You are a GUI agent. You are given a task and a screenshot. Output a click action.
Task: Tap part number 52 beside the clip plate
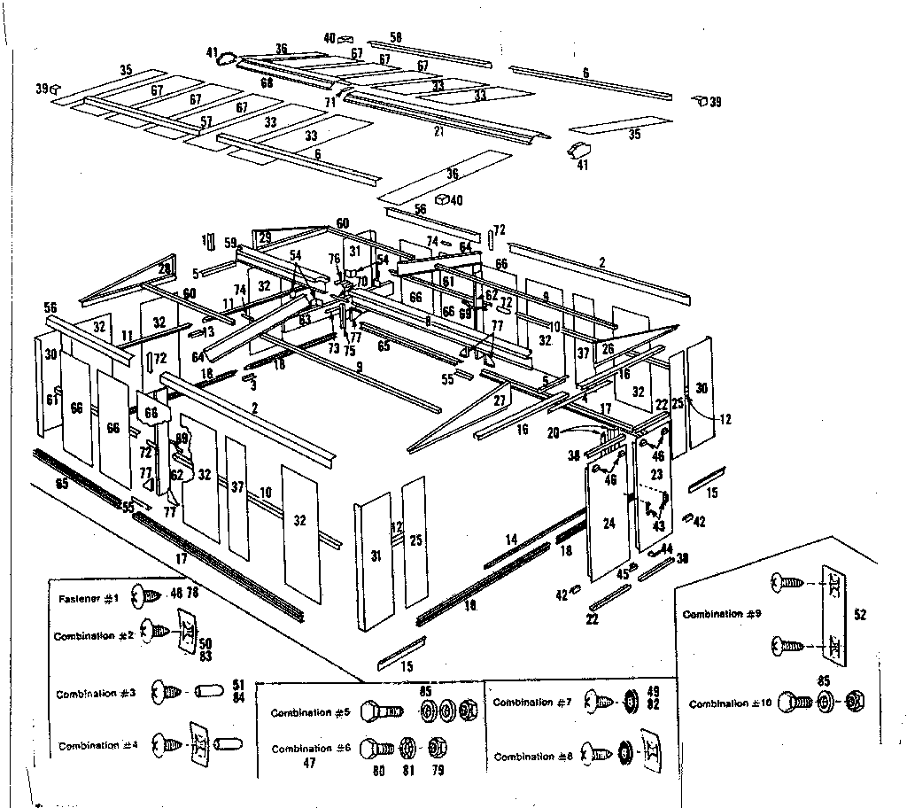[860, 612]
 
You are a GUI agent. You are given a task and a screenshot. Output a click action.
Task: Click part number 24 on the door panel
[609, 524]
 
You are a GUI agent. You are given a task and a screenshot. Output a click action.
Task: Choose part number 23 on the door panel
[656, 474]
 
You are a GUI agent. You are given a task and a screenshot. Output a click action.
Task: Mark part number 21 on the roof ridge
[438, 131]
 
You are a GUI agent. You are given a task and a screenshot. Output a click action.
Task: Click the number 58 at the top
[396, 37]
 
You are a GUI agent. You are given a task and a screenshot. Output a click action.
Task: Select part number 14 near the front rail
[511, 539]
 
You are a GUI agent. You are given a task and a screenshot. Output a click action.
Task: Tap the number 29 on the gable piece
[264, 237]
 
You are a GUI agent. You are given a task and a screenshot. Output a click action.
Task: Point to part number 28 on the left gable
[165, 268]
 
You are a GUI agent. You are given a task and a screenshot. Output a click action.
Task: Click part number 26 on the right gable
[607, 349]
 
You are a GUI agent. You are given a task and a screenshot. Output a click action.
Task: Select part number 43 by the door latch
[658, 525]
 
